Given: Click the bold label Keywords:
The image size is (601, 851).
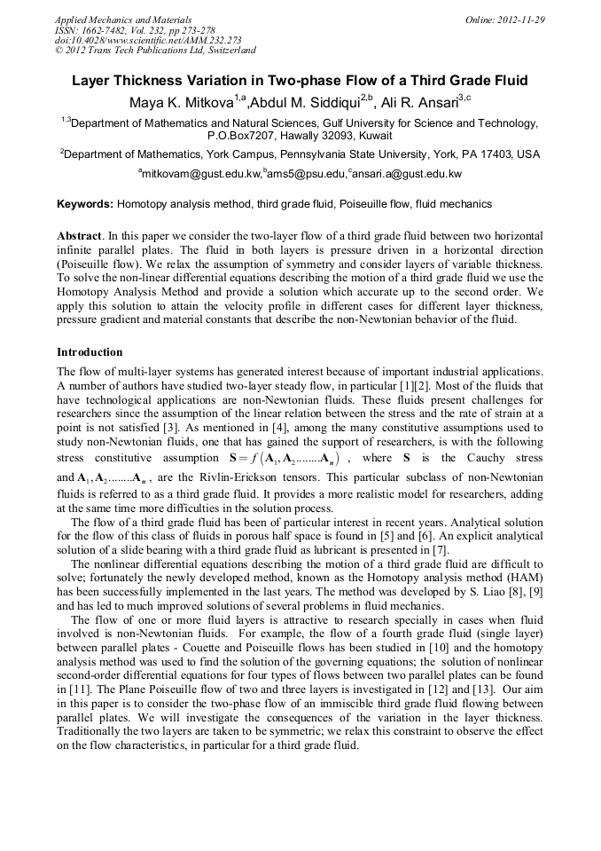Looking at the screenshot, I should [x=85, y=204].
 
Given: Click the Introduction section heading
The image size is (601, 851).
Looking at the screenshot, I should [x=90, y=352].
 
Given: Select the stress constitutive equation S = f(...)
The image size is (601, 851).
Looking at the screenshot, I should [x=285, y=458].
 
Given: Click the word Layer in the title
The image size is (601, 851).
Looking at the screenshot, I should [x=90, y=81].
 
